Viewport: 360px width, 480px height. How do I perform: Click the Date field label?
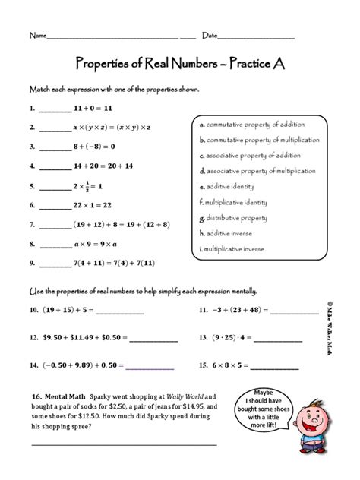coord(210,36)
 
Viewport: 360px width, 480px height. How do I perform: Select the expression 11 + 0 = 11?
coord(90,109)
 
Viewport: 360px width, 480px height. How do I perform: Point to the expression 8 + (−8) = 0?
coord(93,147)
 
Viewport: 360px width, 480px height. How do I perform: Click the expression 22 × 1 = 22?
coord(93,205)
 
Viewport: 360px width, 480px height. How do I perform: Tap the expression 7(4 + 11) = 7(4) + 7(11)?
coord(114,264)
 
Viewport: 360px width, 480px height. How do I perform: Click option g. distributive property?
coord(232,217)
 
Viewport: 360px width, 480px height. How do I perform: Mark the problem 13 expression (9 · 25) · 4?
coord(241,336)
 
